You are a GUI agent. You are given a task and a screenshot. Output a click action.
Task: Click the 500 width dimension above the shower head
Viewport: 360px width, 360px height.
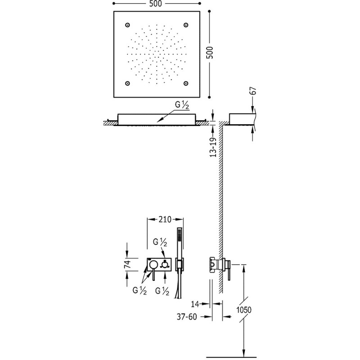coord(155,4)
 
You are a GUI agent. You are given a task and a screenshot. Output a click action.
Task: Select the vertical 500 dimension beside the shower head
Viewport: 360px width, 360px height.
coord(210,53)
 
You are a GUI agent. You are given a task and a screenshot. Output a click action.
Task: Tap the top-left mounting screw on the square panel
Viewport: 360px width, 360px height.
coord(127,25)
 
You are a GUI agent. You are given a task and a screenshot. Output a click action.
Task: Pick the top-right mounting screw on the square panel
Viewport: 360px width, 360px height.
coord(186,25)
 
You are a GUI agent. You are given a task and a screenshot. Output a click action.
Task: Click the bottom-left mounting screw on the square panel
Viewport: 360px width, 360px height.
coord(127,83)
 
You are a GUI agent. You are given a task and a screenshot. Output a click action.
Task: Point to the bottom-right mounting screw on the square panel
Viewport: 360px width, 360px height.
coord(186,83)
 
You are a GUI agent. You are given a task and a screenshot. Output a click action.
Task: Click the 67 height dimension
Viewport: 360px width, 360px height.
coord(253,91)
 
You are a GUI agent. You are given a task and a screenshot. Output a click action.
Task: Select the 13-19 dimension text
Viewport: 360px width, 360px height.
coord(213,147)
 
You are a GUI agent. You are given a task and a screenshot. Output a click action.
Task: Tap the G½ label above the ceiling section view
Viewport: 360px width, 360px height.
coord(182,105)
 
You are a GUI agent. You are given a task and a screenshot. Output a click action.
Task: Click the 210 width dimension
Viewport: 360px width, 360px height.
coord(165,220)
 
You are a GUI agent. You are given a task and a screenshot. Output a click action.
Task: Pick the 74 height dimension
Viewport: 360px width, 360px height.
coord(128,264)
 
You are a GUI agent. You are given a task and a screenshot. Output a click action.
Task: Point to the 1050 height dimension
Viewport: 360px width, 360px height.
coord(244,310)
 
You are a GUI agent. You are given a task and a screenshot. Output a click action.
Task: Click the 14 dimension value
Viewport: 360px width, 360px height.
coord(195,304)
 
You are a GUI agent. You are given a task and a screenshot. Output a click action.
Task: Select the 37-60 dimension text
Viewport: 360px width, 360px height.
coord(187,317)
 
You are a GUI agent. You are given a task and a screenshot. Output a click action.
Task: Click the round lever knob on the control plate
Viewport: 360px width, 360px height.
coord(153,265)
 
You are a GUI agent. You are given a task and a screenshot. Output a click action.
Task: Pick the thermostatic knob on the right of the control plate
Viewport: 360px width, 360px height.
coord(165,265)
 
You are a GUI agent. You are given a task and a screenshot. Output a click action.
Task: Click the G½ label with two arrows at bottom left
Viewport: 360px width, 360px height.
coord(139,291)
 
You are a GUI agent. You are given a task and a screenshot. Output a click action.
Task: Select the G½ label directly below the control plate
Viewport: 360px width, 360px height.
coord(162,291)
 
